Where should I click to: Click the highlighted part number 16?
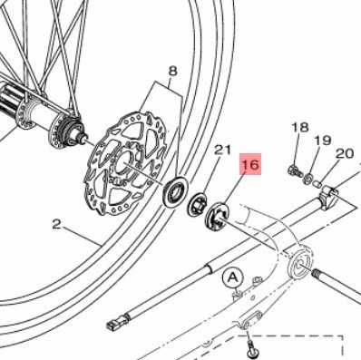point(250,164)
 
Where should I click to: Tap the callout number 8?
point(172,72)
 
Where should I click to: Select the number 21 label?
point(222,150)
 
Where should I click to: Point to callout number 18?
point(300,127)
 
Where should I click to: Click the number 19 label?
point(323,141)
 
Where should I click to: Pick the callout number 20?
point(345,154)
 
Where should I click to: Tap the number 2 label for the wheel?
point(56,224)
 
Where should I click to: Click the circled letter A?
point(233,277)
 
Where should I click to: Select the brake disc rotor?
point(126,163)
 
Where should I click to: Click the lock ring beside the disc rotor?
point(176,191)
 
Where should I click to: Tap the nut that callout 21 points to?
point(197,204)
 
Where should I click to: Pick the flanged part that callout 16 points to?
point(217,216)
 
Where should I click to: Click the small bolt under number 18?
point(295,170)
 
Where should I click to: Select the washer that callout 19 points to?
point(308,178)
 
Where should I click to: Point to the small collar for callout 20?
point(317,183)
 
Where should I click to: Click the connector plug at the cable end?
point(119,322)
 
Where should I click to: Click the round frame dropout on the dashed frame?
point(300,263)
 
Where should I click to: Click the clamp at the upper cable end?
point(328,198)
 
